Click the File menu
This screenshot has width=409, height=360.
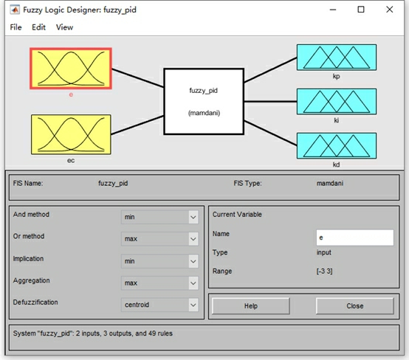16,27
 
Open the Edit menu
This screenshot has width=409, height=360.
38,27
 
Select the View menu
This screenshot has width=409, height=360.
64,27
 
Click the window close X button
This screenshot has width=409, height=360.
390,10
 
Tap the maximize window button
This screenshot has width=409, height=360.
361,10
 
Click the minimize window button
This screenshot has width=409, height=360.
333,10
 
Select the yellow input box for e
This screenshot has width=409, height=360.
71,69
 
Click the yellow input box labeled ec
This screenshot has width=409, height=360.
71,134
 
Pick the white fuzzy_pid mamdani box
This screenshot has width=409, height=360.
204,101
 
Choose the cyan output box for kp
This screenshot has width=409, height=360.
337,58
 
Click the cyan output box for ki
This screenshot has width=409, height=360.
337,101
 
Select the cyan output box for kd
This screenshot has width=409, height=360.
337,146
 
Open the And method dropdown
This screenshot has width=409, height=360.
159,217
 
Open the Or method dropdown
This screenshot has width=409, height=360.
159,239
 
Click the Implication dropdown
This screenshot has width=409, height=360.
159,261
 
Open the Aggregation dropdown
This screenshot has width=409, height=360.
159,283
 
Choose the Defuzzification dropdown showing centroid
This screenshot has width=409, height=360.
159,305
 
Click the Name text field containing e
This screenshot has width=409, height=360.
355,238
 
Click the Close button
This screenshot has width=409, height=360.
355,305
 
